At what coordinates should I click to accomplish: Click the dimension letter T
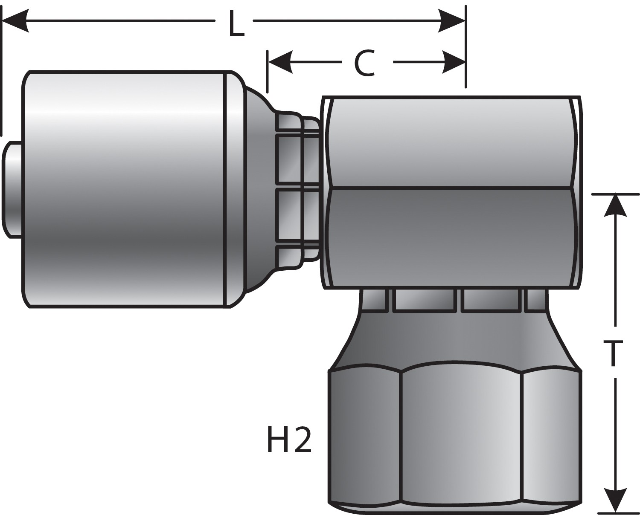point(614,353)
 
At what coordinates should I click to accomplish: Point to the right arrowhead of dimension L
point(452,20)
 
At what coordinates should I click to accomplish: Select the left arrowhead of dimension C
point(280,62)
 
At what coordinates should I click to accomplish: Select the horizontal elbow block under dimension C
point(452,192)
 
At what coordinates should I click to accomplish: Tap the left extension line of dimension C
point(268,72)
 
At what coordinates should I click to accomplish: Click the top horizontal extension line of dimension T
point(614,194)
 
